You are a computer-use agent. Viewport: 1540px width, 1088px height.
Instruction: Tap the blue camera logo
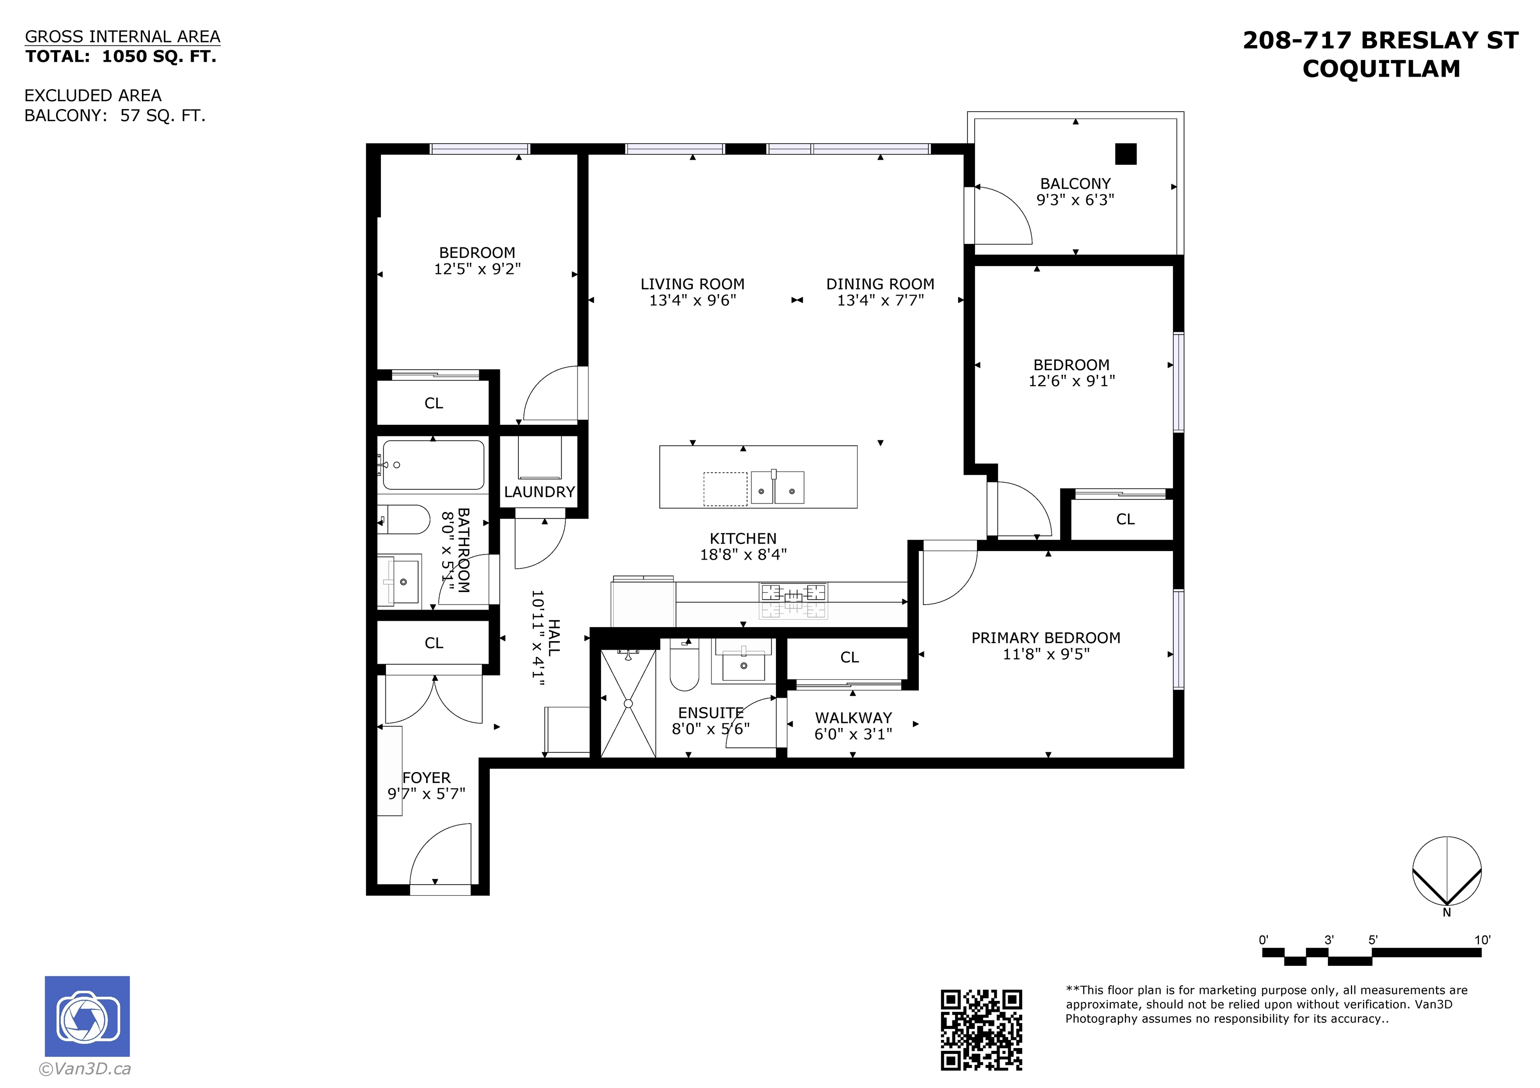coord(87,1016)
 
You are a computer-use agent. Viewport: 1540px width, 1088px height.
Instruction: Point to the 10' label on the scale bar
coord(1482,940)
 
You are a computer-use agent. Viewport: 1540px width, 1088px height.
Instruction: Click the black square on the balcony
coord(1126,154)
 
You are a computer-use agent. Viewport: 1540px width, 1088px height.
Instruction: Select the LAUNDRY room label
coord(539,492)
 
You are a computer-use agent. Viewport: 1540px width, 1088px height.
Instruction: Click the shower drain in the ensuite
coord(629,703)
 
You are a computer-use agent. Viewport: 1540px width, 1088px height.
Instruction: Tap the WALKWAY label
coord(853,718)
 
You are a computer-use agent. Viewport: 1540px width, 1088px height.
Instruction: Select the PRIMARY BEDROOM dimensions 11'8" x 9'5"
coord(1046,654)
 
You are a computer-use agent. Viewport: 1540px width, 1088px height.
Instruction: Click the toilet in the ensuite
coord(684,665)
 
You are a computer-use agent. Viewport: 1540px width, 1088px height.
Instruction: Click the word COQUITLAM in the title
coord(1381,69)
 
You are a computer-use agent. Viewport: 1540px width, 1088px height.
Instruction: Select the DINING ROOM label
coord(880,284)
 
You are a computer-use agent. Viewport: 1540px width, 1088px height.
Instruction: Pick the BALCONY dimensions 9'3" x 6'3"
coord(1075,200)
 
